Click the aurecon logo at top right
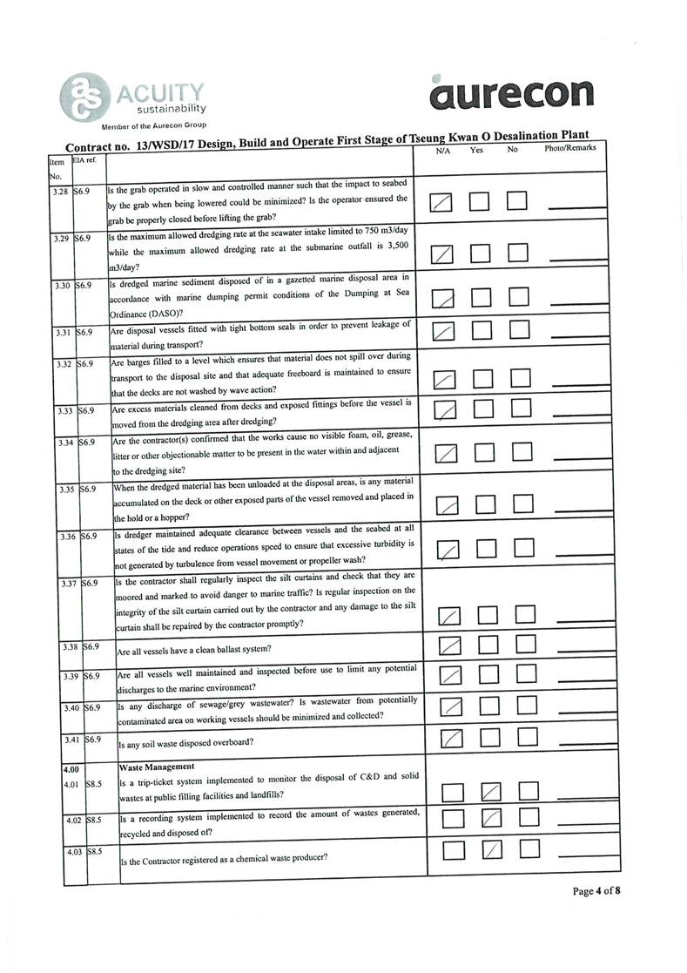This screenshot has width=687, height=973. [x=511, y=92]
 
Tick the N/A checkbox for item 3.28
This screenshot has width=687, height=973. [x=442, y=203]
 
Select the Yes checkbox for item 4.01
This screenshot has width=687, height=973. [x=492, y=792]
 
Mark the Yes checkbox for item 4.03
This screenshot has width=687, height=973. [x=492, y=851]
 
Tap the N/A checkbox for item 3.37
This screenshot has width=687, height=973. [x=449, y=617]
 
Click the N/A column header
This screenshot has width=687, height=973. [x=443, y=151]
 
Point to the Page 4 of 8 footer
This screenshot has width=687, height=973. [x=596, y=891]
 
